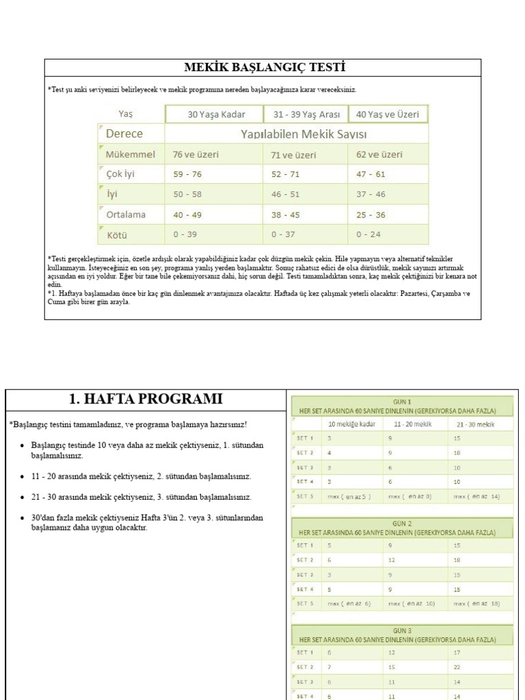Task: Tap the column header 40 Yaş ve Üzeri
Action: pos(388,114)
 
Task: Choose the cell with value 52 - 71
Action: pos(285,174)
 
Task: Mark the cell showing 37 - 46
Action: pos(371,194)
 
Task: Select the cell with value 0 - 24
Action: pos(370,234)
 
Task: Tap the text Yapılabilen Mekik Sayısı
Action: pos(296,134)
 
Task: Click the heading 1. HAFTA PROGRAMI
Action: pos(146,399)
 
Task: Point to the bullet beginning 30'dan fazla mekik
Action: pos(147,523)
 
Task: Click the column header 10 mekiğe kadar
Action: pos(352,425)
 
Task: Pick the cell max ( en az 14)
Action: pos(477,496)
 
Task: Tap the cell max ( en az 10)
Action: pos(412,604)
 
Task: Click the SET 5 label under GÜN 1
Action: pos(305,496)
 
